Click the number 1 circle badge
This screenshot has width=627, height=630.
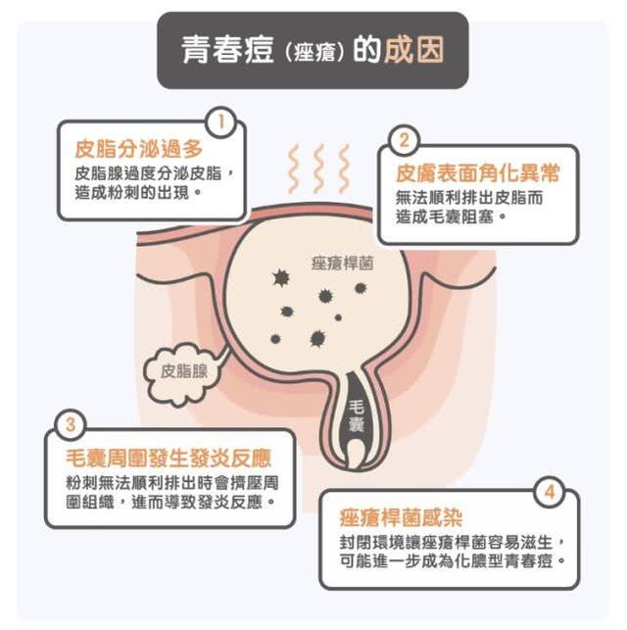tap(220, 122)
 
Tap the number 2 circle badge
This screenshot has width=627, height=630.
tap(404, 141)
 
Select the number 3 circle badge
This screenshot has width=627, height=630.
tap(71, 424)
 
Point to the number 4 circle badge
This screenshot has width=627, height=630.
tap(550, 492)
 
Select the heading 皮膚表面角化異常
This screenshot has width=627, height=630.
tap(477, 173)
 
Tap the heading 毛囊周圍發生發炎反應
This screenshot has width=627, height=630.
tap(169, 458)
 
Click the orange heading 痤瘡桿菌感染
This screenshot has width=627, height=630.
tap(401, 517)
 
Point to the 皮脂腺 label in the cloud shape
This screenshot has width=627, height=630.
tap(184, 371)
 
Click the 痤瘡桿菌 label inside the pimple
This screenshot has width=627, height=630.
tap(343, 264)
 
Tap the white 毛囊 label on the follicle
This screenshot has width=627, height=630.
tap(356, 415)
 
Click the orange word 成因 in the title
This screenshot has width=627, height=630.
tap(414, 50)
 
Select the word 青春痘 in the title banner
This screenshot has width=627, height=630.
tap(227, 50)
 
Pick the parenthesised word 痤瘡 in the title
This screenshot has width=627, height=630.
tap(314, 52)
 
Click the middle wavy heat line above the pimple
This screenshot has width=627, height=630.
tap(319, 169)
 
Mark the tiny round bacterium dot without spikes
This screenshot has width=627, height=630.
tap(338, 317)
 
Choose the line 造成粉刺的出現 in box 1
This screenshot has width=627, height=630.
tap(137, 193)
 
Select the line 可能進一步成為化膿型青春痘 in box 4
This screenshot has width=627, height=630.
tap(453, 561)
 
